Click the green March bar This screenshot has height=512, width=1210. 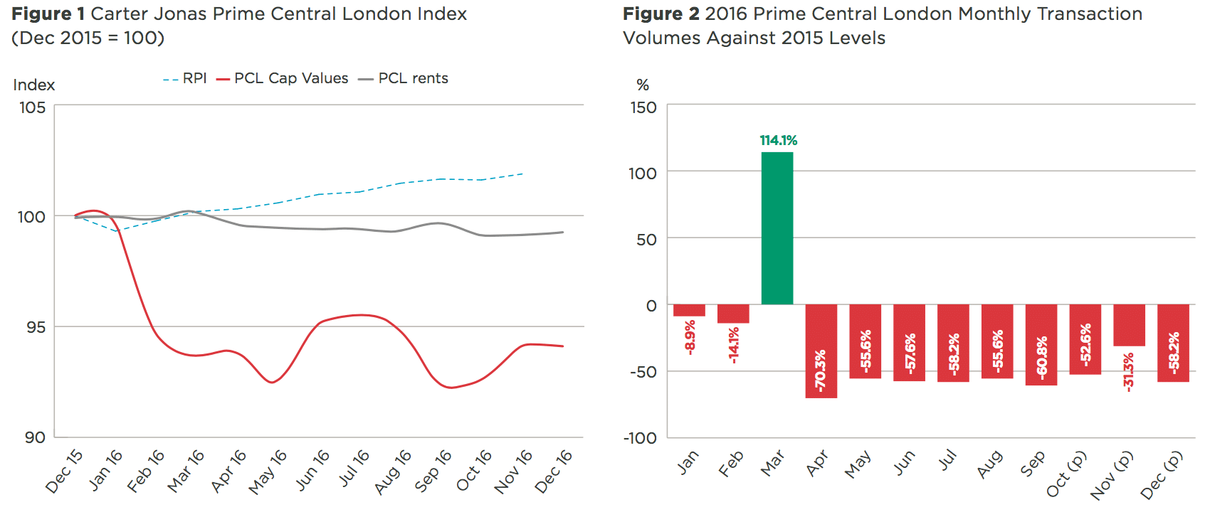coord(777,228)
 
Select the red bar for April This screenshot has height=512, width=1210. coord(821,351)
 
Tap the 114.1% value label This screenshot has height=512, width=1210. coord(778,141)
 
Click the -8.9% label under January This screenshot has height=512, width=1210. coord(690,337)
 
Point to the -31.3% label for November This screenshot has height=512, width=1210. coord(1129,371)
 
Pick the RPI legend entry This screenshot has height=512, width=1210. coord(185,78)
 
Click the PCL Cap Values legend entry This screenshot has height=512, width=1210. coord(283,78)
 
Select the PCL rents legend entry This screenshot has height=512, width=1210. coord(404,78)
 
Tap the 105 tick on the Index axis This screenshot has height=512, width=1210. coord(32,107)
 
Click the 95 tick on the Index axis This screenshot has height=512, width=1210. coord(34,327)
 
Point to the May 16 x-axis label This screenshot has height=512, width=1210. coord(268,471)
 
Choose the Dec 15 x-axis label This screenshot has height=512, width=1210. coord(64,471)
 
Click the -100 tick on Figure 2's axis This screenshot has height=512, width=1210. coord(640,438)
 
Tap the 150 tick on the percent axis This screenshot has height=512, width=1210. coord(643,107)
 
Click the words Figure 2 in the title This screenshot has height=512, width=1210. coord(661,14)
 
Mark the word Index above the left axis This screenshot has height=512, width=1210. coord(33,85)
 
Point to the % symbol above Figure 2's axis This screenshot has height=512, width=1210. coord(643,85)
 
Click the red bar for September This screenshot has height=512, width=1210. coord(1041,345)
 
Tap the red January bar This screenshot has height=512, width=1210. coord(689,310)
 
